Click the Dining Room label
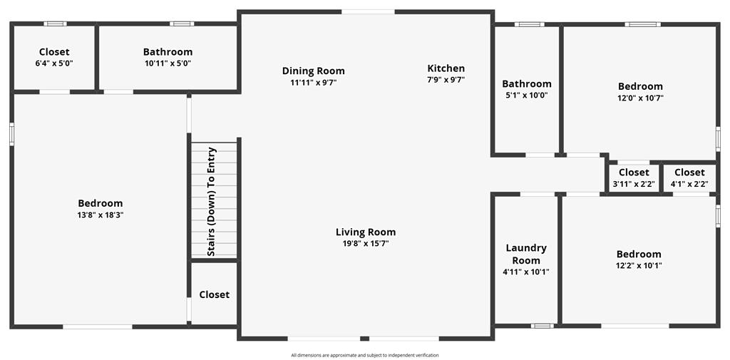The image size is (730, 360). coord(314,71)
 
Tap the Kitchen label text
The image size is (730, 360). coord(446,68)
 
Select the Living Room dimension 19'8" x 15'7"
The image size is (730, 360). coord(366,243)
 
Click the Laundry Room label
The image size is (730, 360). coord(526,254)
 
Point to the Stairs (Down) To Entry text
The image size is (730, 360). coord(211,202)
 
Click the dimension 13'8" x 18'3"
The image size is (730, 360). coord(100,215)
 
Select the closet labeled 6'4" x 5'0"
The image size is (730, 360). coord(54,57)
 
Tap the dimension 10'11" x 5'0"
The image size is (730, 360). coord(168,63)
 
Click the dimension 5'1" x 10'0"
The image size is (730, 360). coord(527,96)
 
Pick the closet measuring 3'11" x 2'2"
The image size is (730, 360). coord(634,178)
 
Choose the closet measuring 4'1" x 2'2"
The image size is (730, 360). coord(689,178)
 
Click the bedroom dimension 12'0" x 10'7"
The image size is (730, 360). coord(640,98)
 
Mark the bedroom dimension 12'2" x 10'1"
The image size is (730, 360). coord(639,265)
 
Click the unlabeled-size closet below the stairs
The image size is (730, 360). coord(214,294)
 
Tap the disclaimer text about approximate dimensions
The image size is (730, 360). coord(365,355)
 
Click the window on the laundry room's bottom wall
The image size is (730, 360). coord(543,326)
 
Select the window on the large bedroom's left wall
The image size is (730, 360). coord(11,134)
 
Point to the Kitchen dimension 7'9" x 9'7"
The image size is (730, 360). coord(446,80)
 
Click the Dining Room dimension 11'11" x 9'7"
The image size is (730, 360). coord(314,83)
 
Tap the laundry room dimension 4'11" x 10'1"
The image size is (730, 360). coord(527,272)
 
